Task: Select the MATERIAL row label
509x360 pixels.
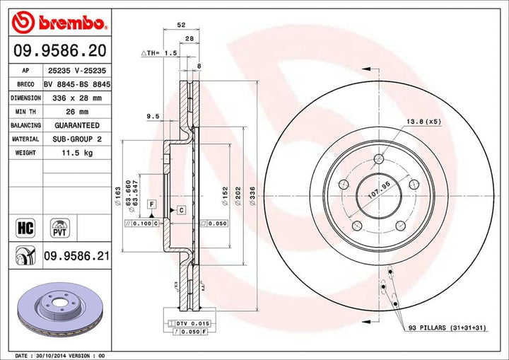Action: click(x=25, y=139)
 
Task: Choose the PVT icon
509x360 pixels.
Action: click(x=59, y=227)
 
